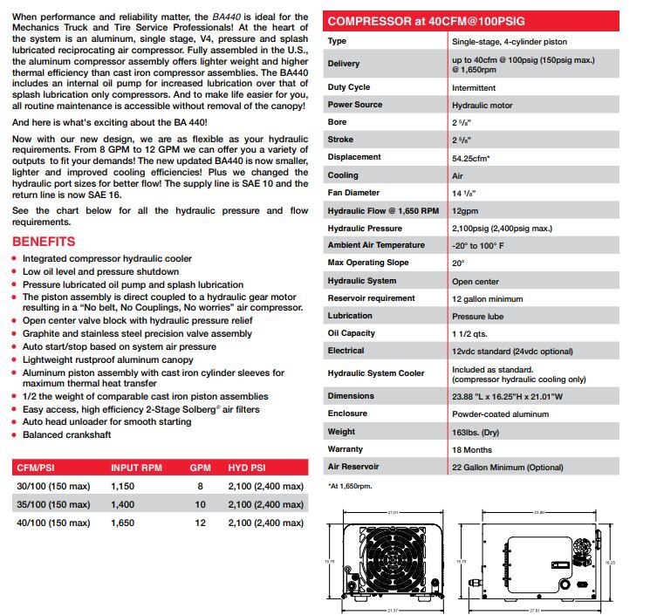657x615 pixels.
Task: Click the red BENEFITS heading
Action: coord(44,242)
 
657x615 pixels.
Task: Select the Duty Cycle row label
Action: coord(349,87)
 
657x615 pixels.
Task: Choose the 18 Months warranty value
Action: coord(471,450)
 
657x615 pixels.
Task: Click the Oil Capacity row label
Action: coord(351,333)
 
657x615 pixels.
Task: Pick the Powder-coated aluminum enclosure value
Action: coord(498,413)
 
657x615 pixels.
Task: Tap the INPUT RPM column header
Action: coord(136,468)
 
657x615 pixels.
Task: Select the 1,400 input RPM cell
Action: coord(124,504)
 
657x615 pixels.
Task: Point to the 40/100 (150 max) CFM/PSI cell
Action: coord(55,523)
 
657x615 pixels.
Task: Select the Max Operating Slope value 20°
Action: coord(458,263)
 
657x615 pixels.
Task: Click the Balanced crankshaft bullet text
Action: coord(68,434)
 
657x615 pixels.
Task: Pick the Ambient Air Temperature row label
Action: coord(376,245)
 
